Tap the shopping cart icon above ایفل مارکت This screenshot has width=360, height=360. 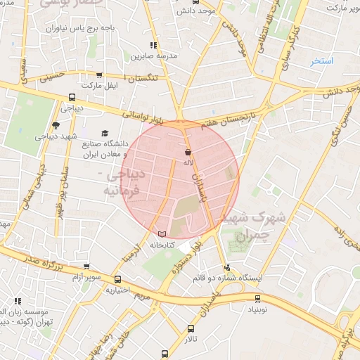99,75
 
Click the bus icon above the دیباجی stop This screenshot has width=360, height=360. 72,98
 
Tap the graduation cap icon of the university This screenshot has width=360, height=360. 105,133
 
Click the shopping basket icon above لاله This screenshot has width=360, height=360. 188,152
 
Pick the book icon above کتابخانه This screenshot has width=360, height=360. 162,233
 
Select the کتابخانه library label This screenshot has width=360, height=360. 162,245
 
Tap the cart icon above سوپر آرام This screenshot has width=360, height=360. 86,267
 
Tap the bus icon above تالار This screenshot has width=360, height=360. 191,328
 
